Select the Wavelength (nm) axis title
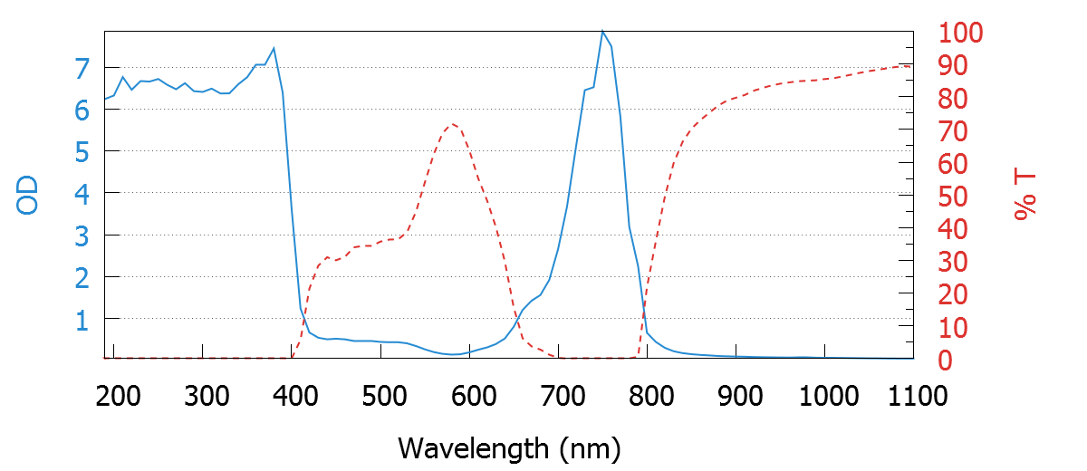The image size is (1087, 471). (509, 447)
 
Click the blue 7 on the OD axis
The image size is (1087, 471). (82, 68)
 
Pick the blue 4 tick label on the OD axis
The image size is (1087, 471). (82, 194)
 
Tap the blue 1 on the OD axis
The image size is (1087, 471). (82, 320)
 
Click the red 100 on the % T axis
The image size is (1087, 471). (958, 34)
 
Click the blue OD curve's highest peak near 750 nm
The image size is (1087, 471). (601, 32)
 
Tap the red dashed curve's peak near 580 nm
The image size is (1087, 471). (452, 123)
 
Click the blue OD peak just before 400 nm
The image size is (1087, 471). (274, 48)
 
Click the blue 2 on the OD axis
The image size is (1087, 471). (82, 278)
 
